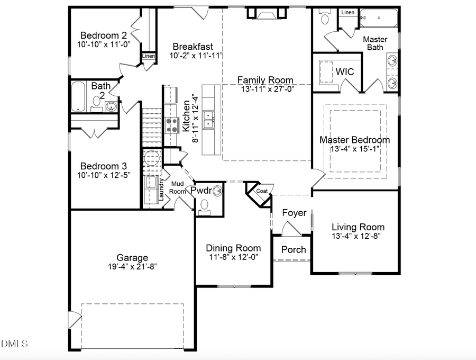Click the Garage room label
[125, 258]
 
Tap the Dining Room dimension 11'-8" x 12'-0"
[233, 257]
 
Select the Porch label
[293, 249]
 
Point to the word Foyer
[294, 213]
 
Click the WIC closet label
[344, 71]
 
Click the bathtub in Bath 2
[78, 96]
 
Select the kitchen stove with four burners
[172, 125]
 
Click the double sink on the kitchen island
[209, 120]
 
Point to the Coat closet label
[262, 191]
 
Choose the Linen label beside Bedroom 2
[148, 56]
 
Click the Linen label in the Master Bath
[347, 12]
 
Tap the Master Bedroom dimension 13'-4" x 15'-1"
[355, 149]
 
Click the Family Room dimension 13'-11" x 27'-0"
[266, 88]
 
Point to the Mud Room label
[177, 187]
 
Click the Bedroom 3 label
[103, 164]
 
